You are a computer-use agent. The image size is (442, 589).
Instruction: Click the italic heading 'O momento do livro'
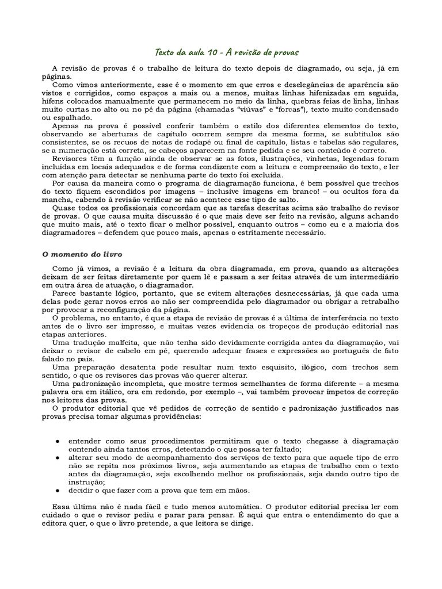pyautogui.click(x=83, y=254)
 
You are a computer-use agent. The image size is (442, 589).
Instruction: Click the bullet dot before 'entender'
pyautogui.click(x=58, y=440)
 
